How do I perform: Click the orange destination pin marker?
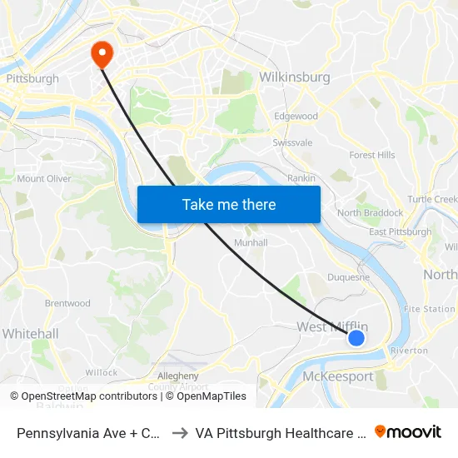click(102, 53)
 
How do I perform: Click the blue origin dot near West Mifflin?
click(356, 337)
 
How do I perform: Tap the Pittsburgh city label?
click(32, 79)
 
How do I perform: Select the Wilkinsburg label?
click(295, 77)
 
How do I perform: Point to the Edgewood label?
click(296, 117)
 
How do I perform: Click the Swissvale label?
click(292, 142)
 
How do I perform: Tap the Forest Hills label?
click(372, 155)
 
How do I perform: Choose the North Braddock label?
click(370, 213)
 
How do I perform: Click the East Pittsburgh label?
click(401, 232)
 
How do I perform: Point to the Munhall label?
click(251, 242)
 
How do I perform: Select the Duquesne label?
click(347, 277)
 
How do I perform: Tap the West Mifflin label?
click(332, 327)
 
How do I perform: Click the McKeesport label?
click(338, 376)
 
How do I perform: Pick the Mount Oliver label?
click(44, 179)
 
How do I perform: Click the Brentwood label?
click(67, 303)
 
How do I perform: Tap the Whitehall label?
click(30, 334)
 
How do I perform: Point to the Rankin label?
click(301, 178)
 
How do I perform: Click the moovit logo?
click(408, 432)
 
